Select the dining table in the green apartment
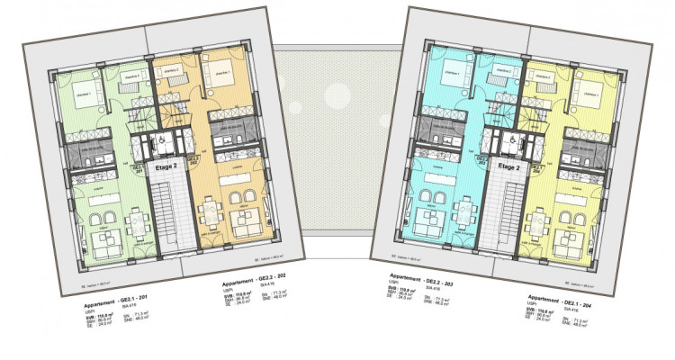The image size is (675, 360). (x=135, y=218)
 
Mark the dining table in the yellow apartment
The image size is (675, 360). (x=545, y=215)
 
